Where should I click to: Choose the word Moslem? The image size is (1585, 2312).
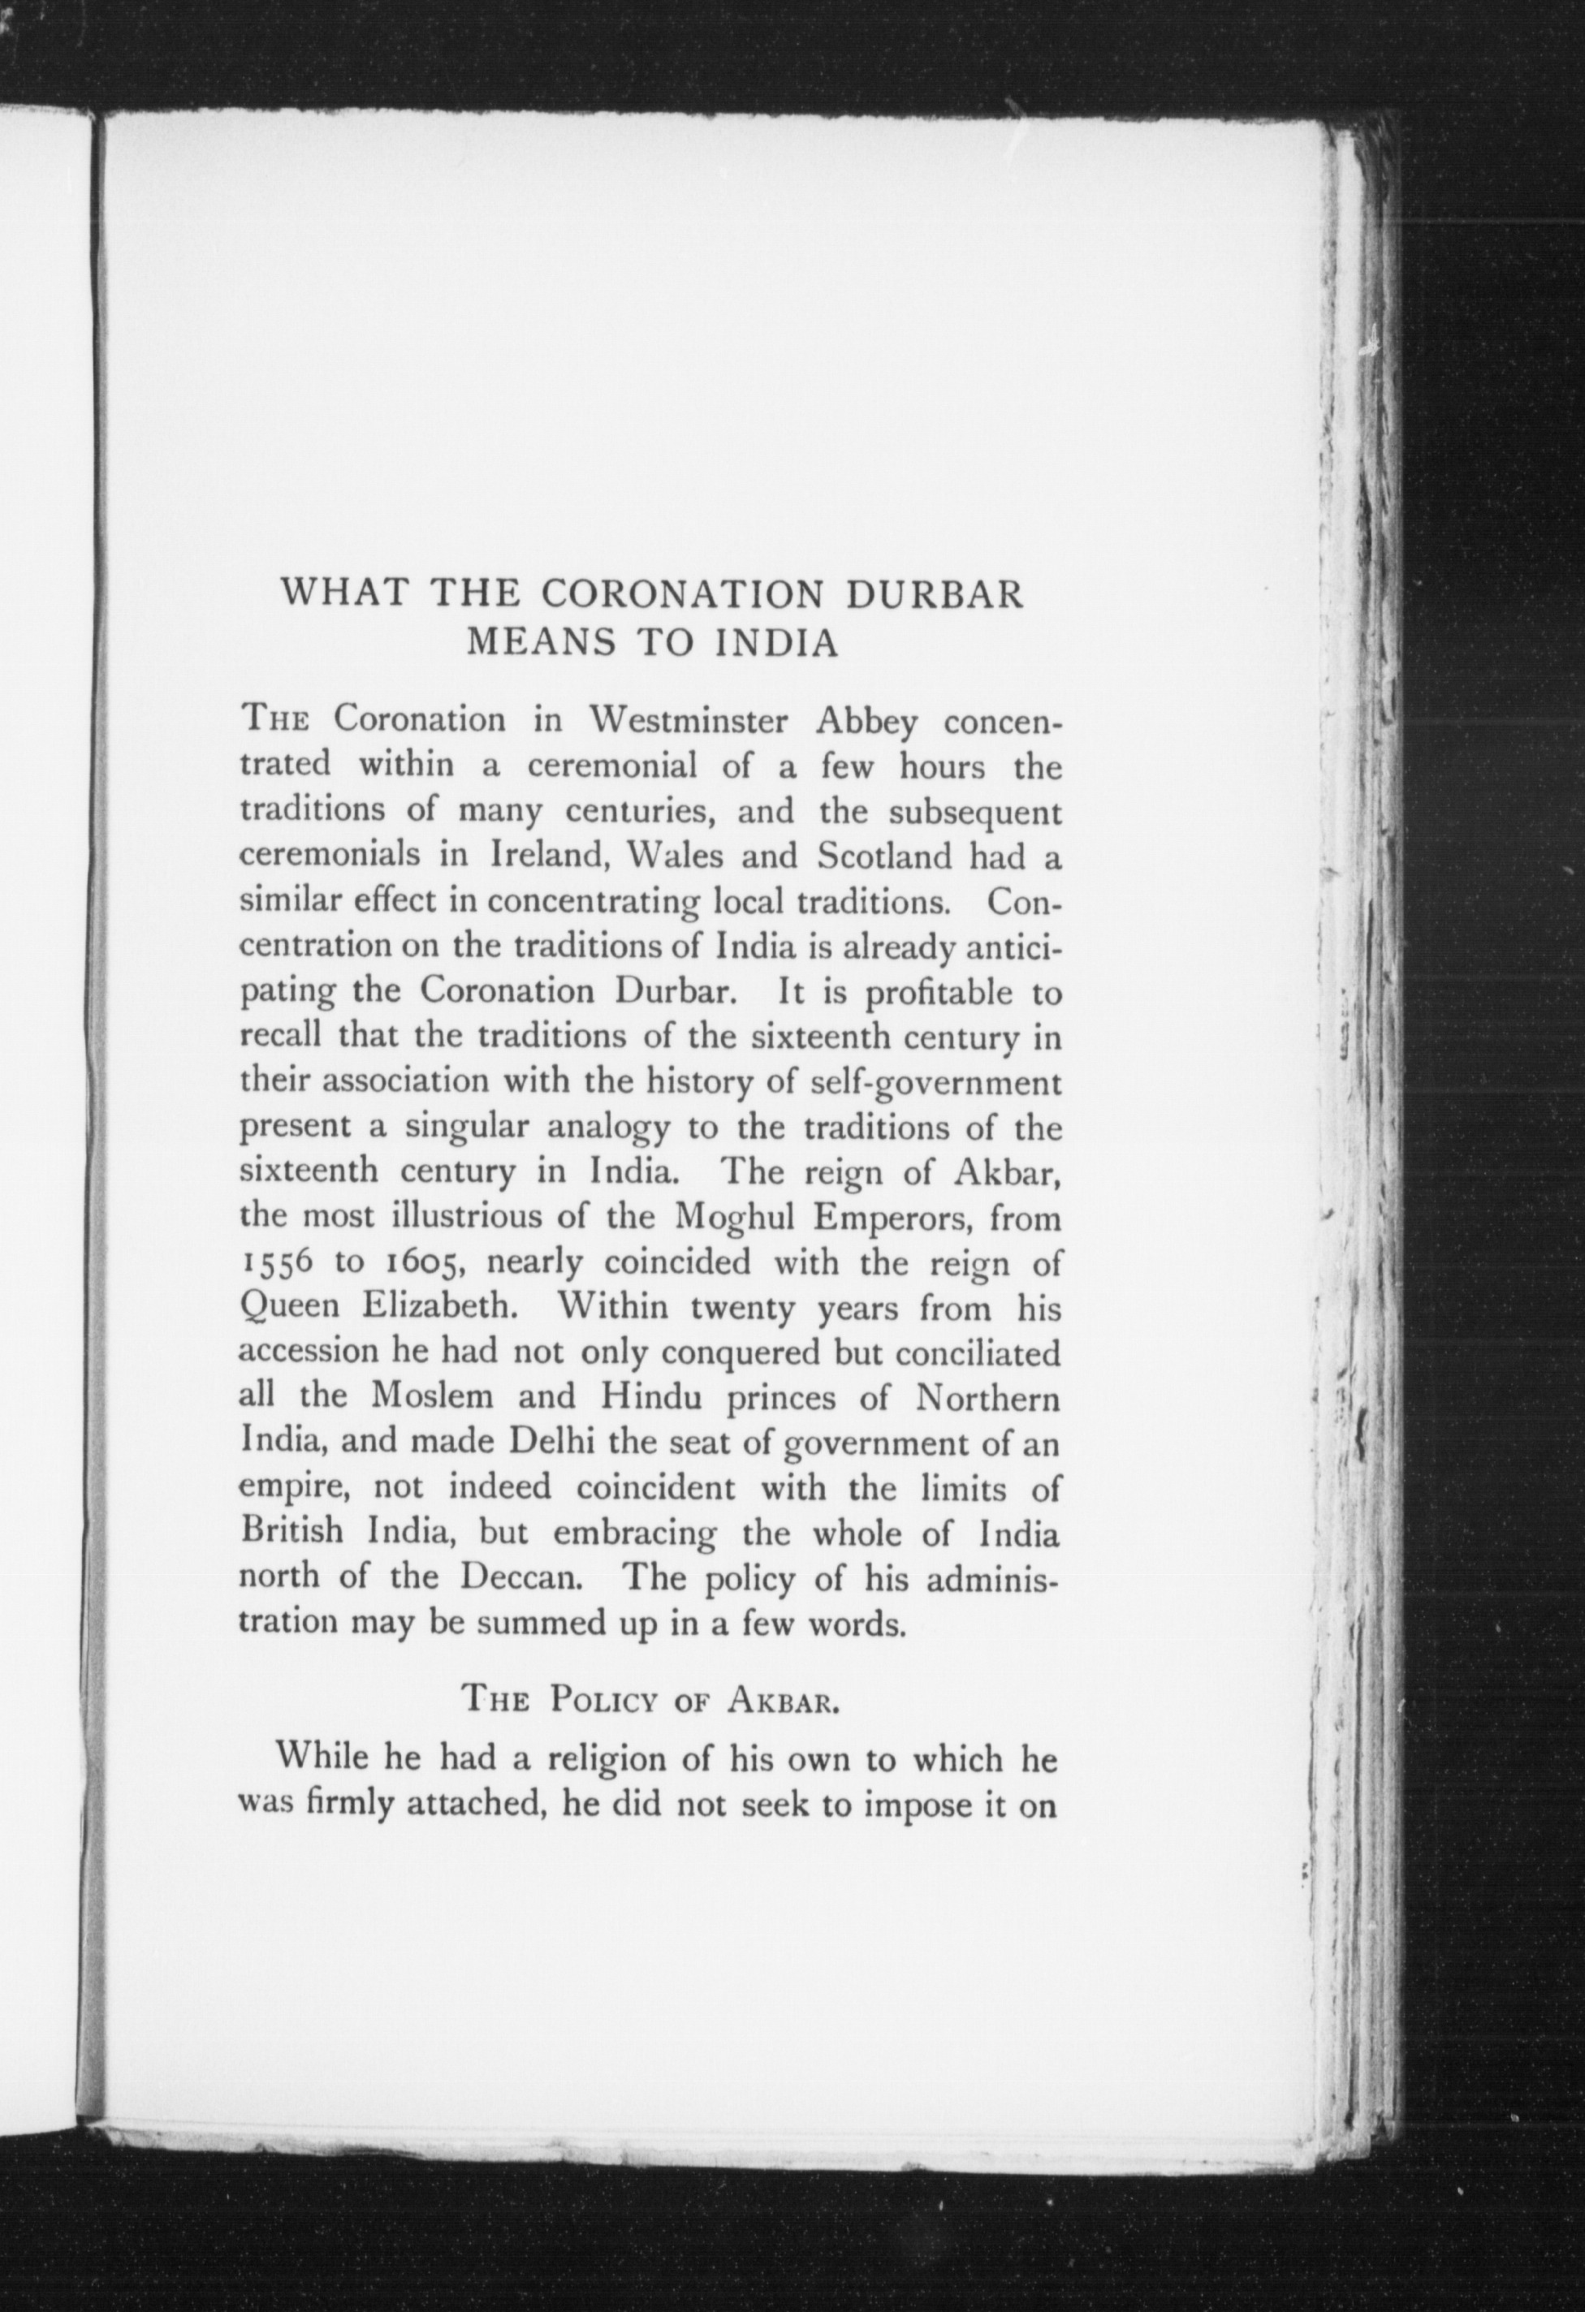click(x=432, y=1397)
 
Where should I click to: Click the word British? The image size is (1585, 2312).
click(x=293, y=1531)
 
